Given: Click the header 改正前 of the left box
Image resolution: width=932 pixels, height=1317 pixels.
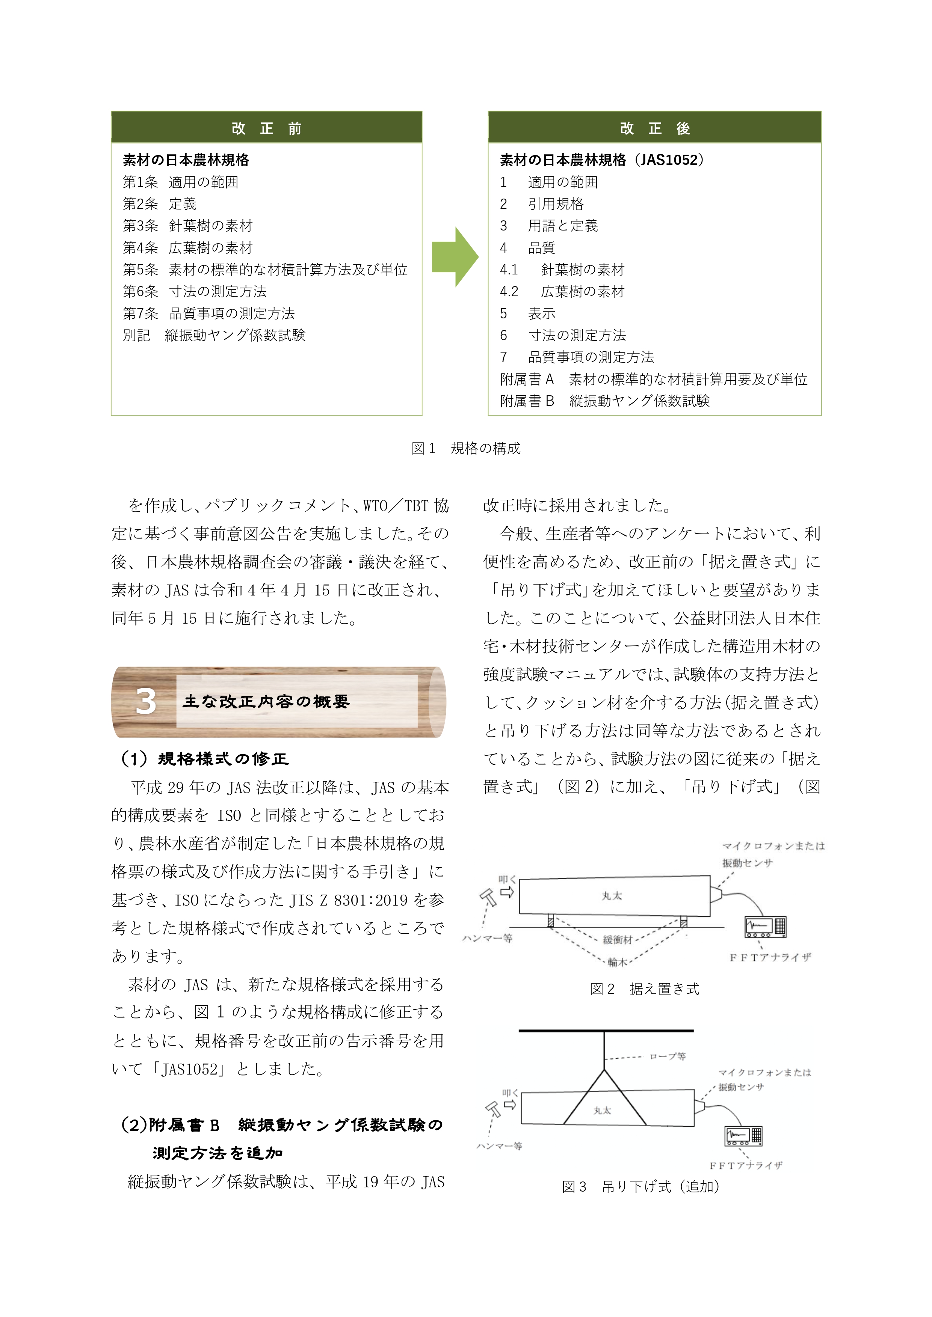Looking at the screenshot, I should click(x=266, y=128).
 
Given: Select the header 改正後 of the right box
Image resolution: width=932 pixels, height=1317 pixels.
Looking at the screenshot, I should click(x=654, y=128).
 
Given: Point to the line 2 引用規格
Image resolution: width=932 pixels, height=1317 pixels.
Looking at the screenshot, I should click(x=541, y=203).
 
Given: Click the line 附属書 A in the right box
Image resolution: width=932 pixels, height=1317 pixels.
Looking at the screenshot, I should click(x=653, y=379).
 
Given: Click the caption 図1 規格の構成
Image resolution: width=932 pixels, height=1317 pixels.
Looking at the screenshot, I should click(x=465, y=448).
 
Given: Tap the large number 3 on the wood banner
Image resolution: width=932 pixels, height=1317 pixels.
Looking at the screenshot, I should click(x=145, y=701).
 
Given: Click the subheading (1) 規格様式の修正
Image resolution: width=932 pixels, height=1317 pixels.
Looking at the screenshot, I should click(x=204, y=758).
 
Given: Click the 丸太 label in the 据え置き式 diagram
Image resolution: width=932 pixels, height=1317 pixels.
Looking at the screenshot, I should click(x=612, y=895).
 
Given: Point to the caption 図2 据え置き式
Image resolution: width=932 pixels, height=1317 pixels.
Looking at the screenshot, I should click(x=645, y=989).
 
